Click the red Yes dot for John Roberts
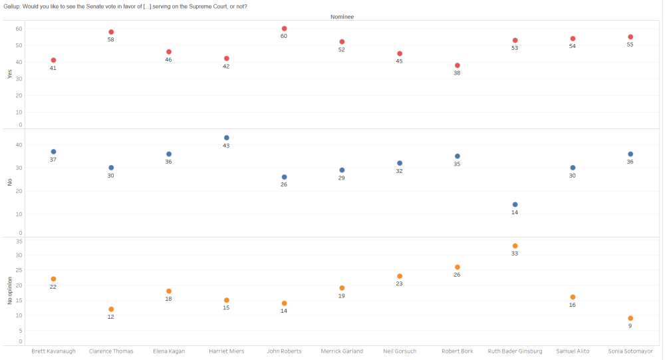(x=284, y=29)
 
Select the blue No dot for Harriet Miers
(x=227, y=138)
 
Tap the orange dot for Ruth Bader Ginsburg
(x=515, y=246)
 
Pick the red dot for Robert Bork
(x=458, y=65)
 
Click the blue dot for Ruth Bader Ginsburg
(x=515, y=204)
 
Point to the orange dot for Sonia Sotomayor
(x=630, y=318)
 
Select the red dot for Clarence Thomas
(x=111, y=32)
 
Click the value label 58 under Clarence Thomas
(x=111, y=40)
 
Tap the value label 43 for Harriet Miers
(x=227, y=146)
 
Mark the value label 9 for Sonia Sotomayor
(x=630, y=326)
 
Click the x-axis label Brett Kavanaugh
(x=53, y=351)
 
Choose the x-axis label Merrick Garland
(x=342, y=351)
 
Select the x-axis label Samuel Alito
(x=573, y=351)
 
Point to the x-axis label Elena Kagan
(x=169, y=351)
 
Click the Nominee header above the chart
(x=342, y=17)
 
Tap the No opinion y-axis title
(x=9, y=290)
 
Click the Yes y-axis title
(x=9, y=75)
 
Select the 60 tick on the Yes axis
(x=19, y=29)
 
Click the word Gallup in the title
(x=11, y=7)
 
